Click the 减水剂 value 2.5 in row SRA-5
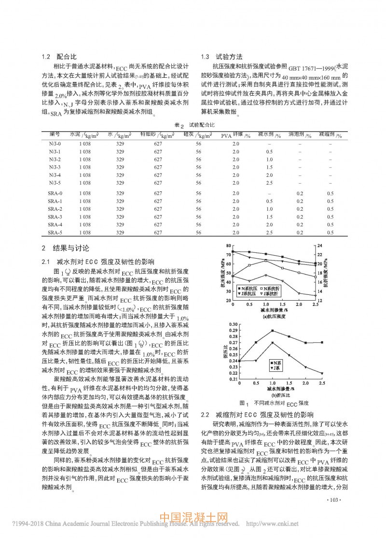point(269,233)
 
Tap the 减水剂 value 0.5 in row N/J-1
point(269,151)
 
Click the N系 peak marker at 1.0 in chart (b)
point(273,331)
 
